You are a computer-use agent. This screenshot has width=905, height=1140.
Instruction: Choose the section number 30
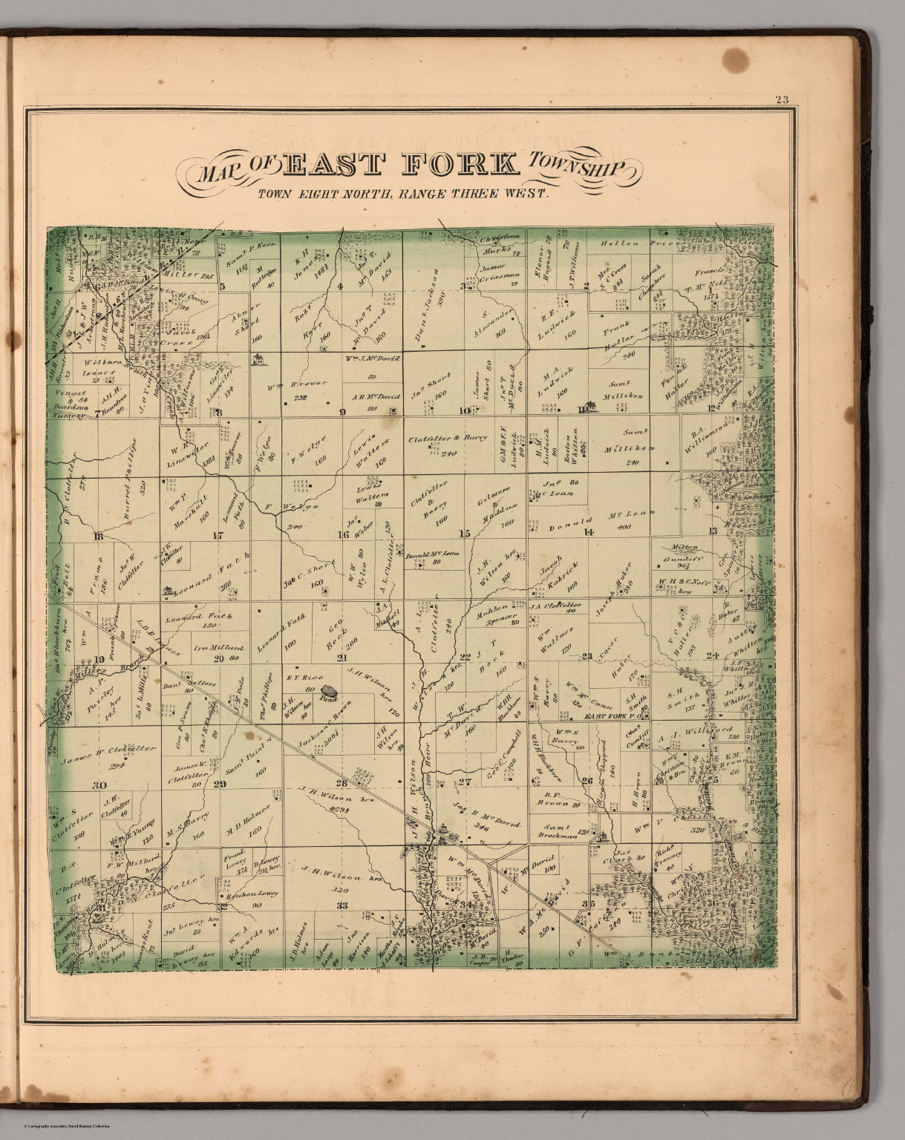pyautogui.click(x=98, y=784)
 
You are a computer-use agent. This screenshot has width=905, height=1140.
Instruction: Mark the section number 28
pyautogui.click(x=342, y=783)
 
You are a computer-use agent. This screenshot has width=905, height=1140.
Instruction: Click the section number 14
pyautogui.click(x=589, y=531)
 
